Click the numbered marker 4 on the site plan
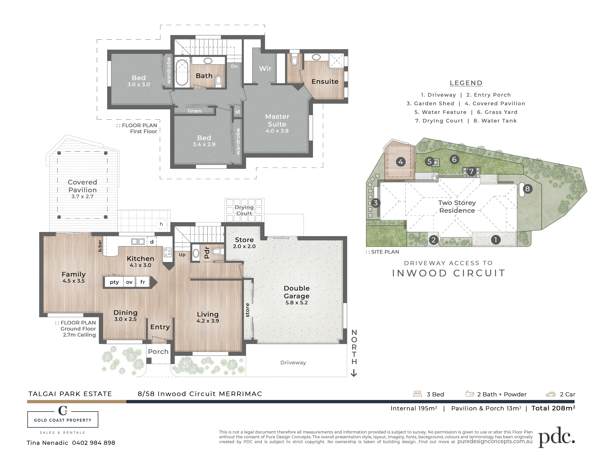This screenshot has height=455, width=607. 401,162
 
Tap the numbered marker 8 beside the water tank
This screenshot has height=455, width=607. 527,189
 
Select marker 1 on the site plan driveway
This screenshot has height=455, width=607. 496,240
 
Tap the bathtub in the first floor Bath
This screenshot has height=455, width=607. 182,73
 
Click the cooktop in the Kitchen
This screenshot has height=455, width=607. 168,252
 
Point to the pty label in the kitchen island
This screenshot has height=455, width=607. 114,282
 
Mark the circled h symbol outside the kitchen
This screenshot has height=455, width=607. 161,224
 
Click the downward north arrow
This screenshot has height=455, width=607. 354,373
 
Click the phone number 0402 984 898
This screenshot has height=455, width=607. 94,443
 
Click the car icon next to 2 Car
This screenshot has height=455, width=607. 550,394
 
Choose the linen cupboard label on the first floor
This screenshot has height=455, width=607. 195,111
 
